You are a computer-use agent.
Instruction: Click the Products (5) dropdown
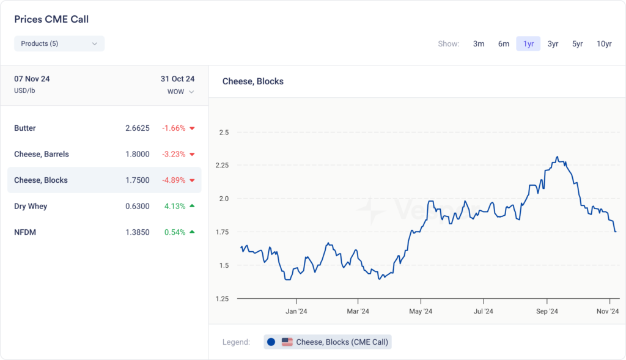(59, 43)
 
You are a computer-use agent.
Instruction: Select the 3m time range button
(479, 43)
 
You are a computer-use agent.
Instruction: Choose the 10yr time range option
(604, 43)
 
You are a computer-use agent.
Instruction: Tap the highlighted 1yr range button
(528, 43)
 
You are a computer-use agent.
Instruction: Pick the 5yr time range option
(577, 43)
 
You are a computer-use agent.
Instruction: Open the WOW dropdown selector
(181, 92)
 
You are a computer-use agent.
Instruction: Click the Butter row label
(25, 128)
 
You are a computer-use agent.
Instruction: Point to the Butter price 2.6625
(137, 128)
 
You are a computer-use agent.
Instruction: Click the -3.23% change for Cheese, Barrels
(174, 154)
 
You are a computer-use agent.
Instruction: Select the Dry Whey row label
(31, 206)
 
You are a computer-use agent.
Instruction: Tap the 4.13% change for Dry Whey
(175, 206)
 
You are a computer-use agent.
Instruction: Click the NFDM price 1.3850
(137, 232)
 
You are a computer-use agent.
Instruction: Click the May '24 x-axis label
(421, 311)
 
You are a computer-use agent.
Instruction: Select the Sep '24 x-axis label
(547, 311)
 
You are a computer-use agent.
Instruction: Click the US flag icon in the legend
(287, 342)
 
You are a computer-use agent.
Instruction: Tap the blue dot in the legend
(271, 342)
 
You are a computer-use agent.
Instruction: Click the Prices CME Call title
(51, 20)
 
